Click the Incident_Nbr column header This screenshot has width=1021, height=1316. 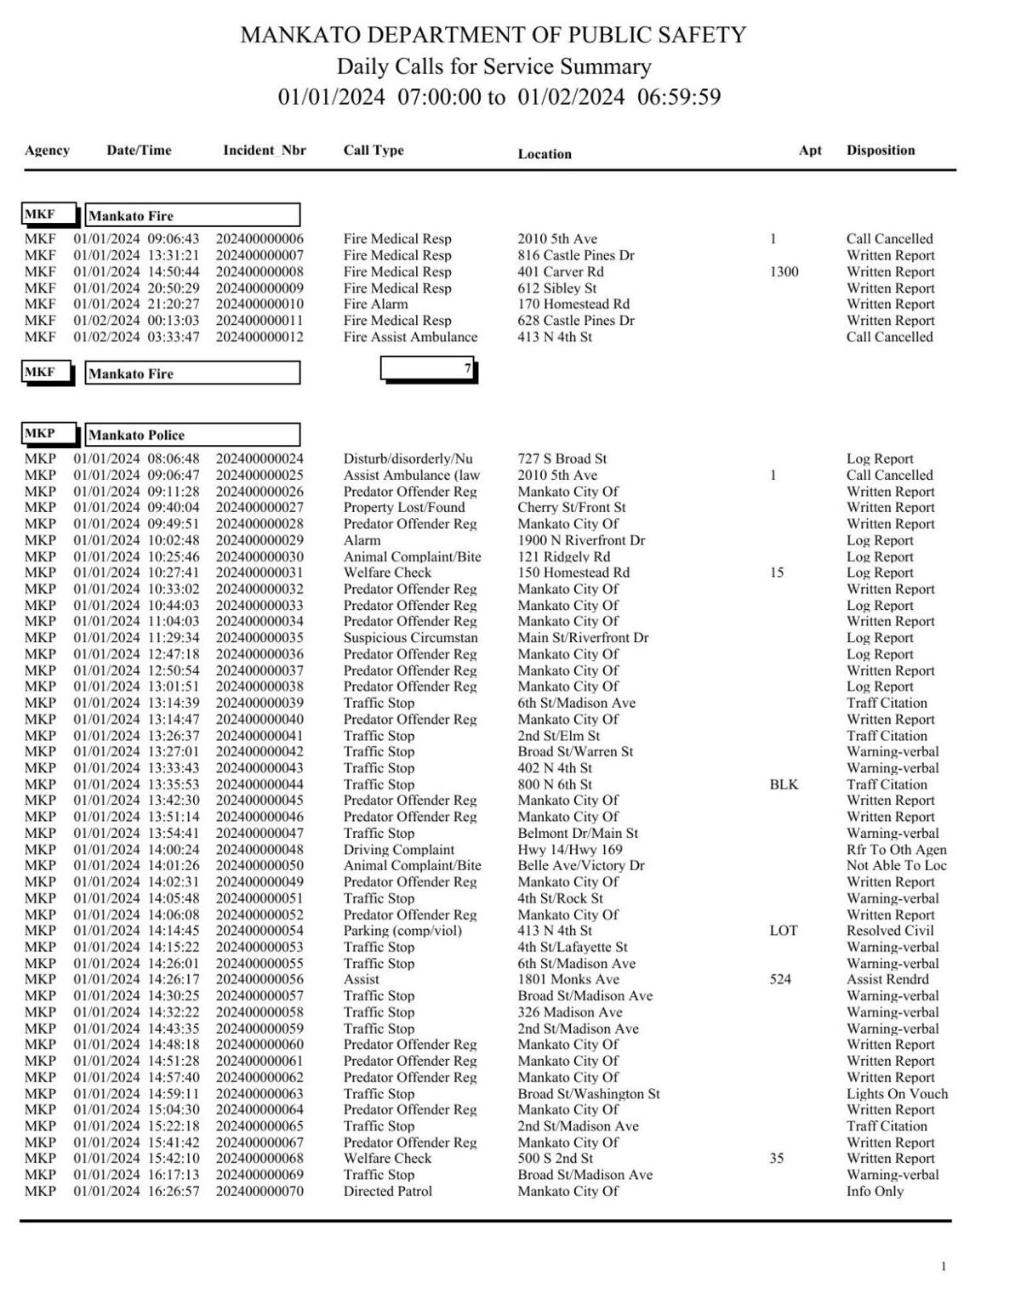[264, 151]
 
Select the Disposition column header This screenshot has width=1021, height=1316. [881, 151]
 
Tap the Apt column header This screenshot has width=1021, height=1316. [810, 151]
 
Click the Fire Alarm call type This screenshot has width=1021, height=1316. [375, 305]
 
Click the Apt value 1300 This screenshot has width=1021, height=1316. [784, 272]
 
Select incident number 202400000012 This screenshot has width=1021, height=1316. [260, 337]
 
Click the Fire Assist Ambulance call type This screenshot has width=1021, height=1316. [410, 337]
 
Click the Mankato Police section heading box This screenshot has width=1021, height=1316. [192, 435]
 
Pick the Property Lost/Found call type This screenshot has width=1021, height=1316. [404, 508]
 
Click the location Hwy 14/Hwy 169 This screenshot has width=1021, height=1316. [570, 850]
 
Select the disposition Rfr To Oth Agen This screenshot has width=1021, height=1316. [896, 850]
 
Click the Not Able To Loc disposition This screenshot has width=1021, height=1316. [896, 866]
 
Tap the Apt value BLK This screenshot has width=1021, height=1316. [784, 784]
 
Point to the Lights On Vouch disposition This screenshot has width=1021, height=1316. [897, 1094]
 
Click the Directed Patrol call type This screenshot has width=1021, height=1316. [387, 1192]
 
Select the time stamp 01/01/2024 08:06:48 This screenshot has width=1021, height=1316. [136, 459]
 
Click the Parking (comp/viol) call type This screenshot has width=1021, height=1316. [402, 931]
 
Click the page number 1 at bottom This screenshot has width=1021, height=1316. [943, 1268]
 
